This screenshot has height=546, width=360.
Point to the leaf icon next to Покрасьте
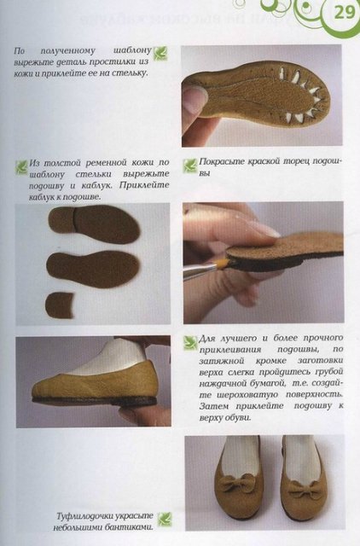click(x=189, y=165)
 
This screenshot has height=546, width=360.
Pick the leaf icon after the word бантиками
click(x=165, y=519)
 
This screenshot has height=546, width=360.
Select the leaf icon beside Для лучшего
click(x=189, y=343)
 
